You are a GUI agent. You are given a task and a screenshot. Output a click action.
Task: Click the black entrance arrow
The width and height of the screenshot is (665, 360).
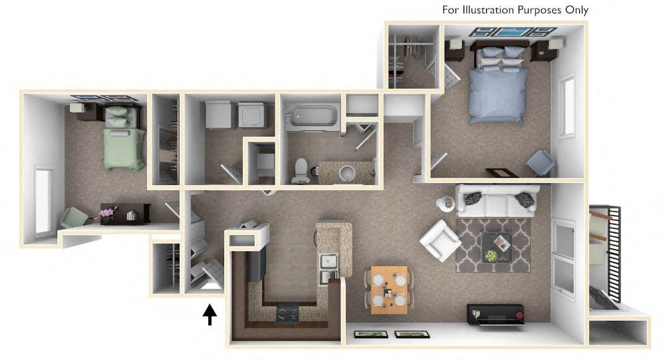tap(209, 313)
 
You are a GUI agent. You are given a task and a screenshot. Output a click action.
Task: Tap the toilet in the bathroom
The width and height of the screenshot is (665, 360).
tap(299, 170)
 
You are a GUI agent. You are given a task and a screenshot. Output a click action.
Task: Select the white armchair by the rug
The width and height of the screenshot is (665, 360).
tap(439, 240)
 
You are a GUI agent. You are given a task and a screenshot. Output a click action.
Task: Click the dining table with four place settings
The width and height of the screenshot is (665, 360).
tap(389, 289)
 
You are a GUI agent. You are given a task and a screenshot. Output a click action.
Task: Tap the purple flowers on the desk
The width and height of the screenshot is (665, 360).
tap(106, 213)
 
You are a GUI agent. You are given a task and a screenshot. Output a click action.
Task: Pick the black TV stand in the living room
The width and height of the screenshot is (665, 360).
tap(495, 314)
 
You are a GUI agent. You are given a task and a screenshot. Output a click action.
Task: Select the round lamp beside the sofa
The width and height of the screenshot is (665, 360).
tap(444, 202)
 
